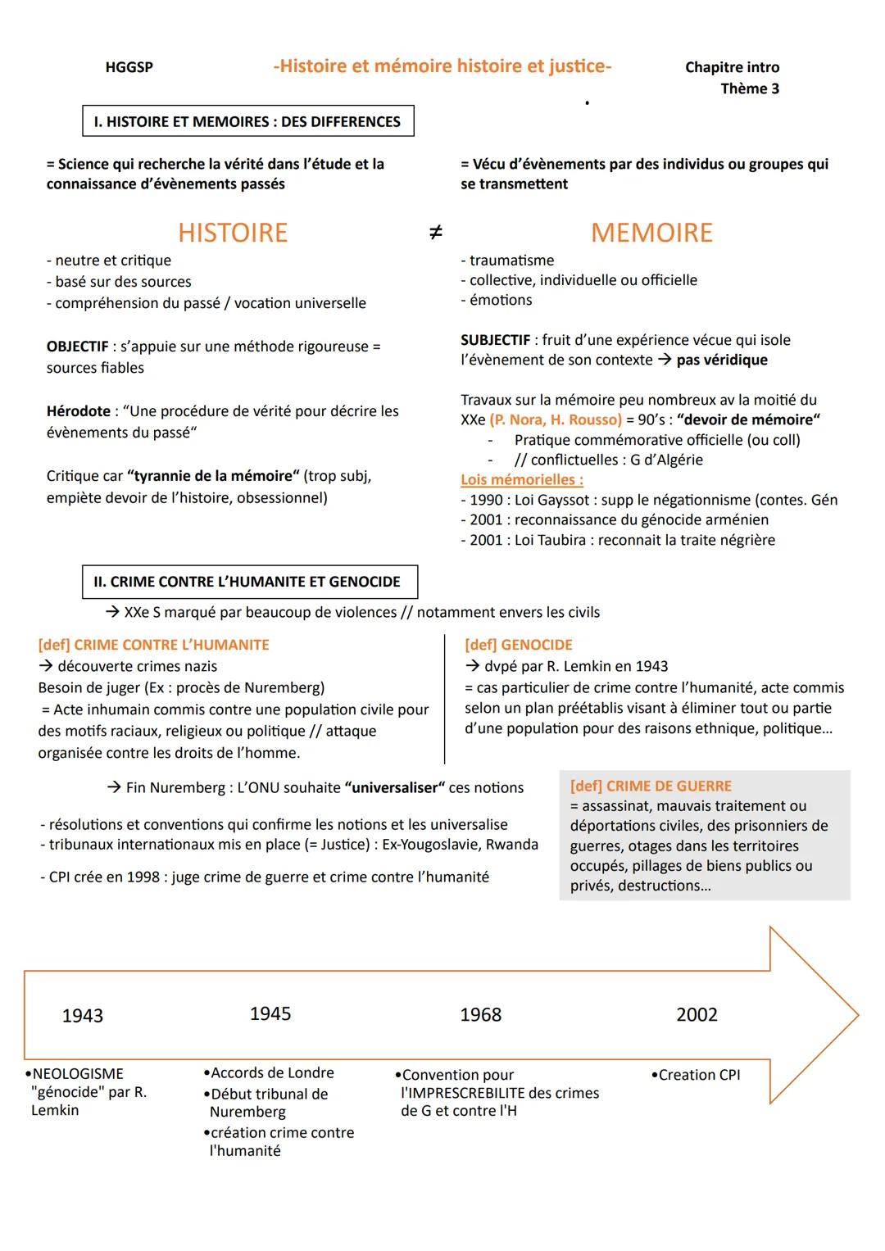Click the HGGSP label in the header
[129, 67]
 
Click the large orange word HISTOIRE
[233, 233]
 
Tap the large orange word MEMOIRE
[651, 233]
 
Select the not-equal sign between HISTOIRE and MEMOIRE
[436, 233]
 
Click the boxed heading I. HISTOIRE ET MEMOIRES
[247, 121]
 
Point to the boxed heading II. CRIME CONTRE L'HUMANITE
[249, 582]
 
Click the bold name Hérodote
[79, 411]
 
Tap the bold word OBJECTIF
[78, 347]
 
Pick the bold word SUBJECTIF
[496, 340]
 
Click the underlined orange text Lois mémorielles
[522, 480]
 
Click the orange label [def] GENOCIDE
[518, 645]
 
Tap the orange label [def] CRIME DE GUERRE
[651, 786]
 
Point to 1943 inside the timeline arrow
[83, 1016]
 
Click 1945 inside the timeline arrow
[270, 1014]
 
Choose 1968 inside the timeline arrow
[480, 1015]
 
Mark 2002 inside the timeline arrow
[697, 1015]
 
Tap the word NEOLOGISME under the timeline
[78, 1074]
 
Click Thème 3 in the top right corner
[750, 88]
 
